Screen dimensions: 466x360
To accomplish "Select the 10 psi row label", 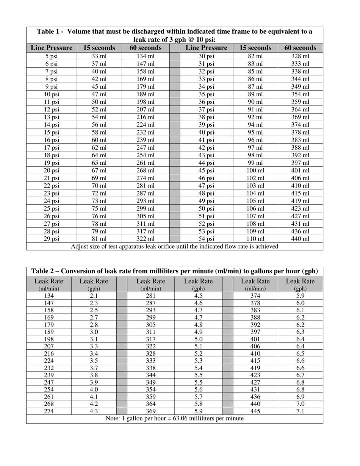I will pyautogui.click(x=52, y=94).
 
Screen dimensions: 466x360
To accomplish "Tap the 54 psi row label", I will pyautogui.click(x=206, y=239).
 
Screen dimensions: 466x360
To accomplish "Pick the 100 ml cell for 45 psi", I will pyautogui.click(x=255, y=170).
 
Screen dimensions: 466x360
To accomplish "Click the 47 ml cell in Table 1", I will pyautogui.click(x=99, y=94).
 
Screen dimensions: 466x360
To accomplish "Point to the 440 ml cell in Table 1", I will pyautogui.click(x=300, y=239).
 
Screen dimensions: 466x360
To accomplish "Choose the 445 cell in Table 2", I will pyautogui.click(x=255, y=411).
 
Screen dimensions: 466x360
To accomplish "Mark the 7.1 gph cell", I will pyautogui.click(x=300, y=411).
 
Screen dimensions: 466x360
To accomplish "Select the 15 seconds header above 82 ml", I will pyautogui.click(x=255, y=48).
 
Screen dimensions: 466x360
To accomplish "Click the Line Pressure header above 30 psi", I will pyautogui.click(x=206, y=48).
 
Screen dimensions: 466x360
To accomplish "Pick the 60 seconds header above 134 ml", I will pyautogui.click(x=146, y=48).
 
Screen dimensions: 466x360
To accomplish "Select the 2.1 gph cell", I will pyautogui.click(x=94, y=296).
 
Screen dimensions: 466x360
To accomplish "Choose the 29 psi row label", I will pyautogui.click(x=52, y=239).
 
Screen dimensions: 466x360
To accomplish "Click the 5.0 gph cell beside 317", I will pyautogui.click(x=198, y=339).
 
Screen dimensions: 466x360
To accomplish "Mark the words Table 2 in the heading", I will pyautogui.click(x=42, y=271).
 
